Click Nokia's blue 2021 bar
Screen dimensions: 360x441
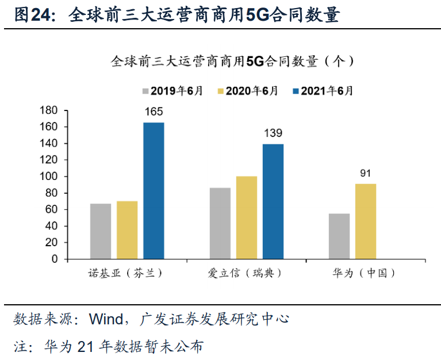(x=154, y=190)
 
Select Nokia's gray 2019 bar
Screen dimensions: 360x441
(x=101, y=231)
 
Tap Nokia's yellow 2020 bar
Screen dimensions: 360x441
(x=127, y=230)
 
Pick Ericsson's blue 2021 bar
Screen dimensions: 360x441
(x=273, y=201)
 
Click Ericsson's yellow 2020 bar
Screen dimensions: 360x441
(x=247, y=217)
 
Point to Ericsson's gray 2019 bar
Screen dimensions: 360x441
(x=220, y=223)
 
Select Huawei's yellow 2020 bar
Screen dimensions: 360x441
(x=366, y=221)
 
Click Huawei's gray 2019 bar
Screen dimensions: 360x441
(x=339, y=236)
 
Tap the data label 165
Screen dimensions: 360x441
(x=154, y=112)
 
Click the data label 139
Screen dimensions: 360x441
(x=273, y=133)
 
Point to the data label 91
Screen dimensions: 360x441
(x=366, y=173)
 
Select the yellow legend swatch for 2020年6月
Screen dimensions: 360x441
(x=221, y=91)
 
